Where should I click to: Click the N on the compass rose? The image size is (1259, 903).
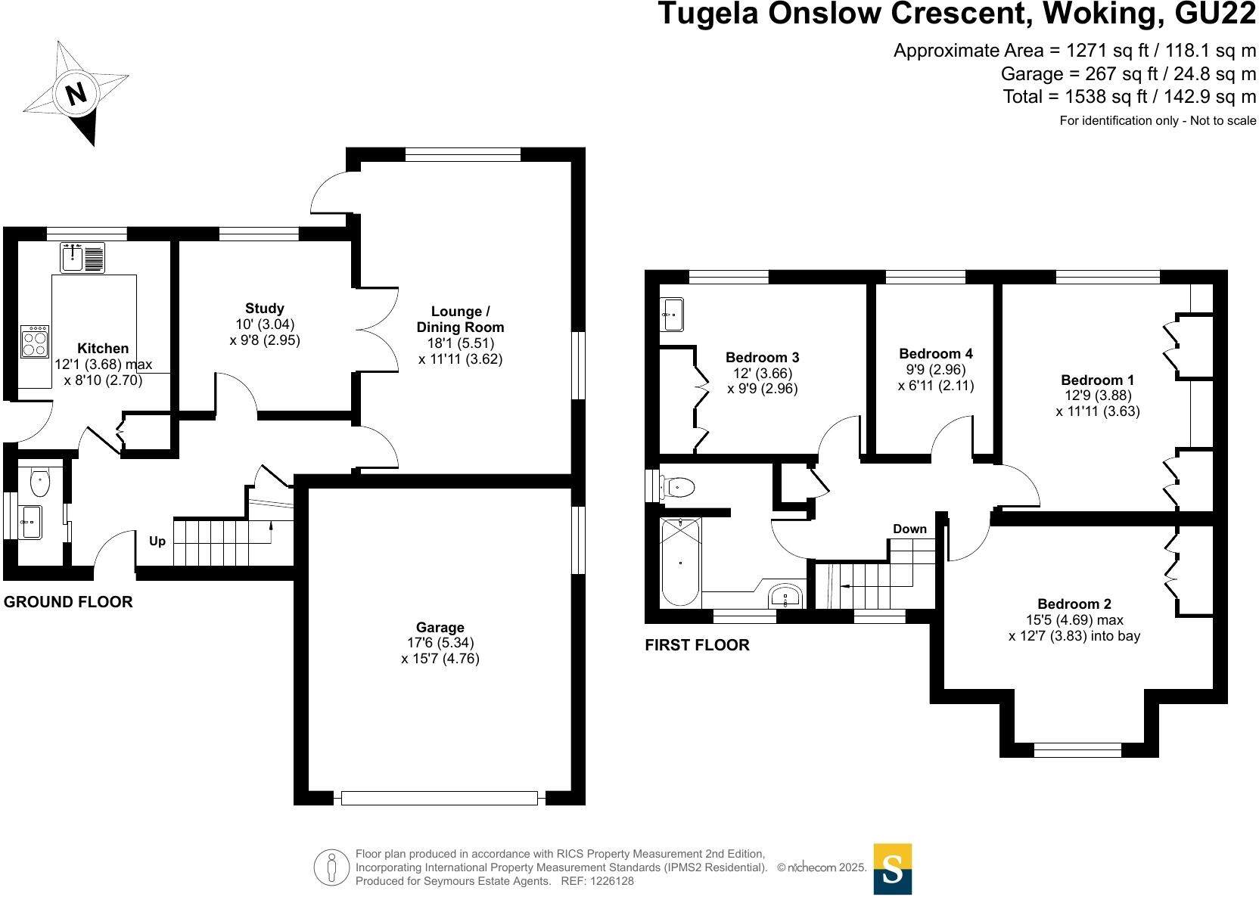pos(76,93)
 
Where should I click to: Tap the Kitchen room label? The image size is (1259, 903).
pos(103,349)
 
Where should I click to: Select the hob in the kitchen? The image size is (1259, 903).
pos(35,342)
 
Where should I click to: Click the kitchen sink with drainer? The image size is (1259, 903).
pos(82,258)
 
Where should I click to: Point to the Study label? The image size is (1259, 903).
pos(265,308)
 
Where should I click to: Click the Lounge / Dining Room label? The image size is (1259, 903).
pos(460,319)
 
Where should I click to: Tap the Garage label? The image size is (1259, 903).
pos(440,627)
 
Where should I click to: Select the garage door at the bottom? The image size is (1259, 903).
pos(440,798)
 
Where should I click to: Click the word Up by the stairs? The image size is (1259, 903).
pos(157,541)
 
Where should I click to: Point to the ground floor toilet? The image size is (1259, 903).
pos(40,482)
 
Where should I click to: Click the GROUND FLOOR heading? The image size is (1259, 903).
pos(68,602)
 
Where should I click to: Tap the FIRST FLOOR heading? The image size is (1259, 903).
pos(697,645)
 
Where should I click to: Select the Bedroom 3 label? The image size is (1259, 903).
pos(762,358)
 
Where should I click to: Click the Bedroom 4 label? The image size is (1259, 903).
pos(936,353)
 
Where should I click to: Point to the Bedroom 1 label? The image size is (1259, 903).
pos(1098,380)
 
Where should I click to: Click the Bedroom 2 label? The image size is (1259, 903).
pos(1074,604)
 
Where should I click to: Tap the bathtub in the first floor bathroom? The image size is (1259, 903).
pos(681,562)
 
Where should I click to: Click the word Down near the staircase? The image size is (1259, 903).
pos(910,529)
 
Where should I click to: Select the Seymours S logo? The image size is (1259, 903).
pos(893,869)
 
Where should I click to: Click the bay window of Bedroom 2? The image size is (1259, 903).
pos(1078,750)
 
